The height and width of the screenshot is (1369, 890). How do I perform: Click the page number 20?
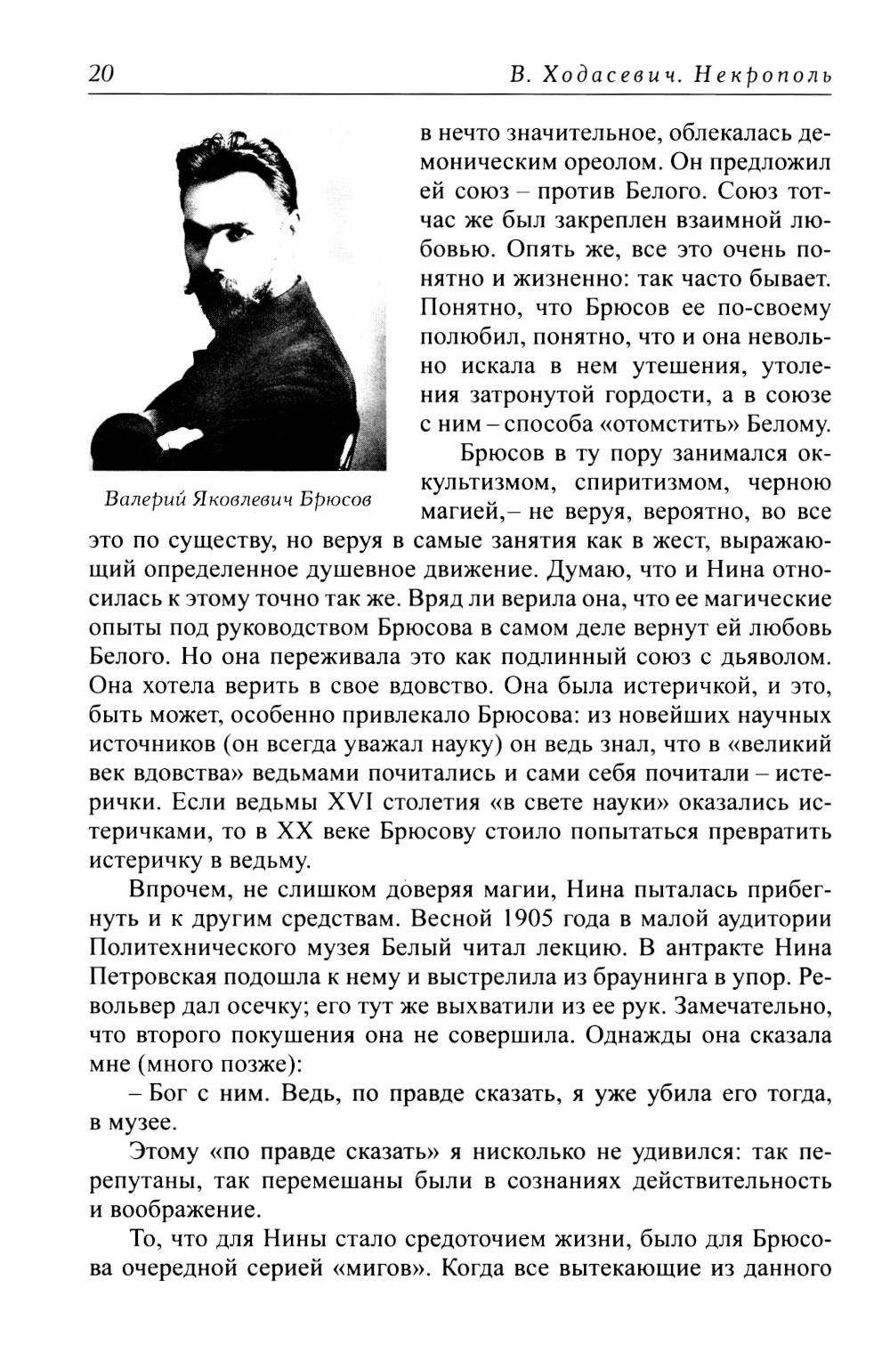(x=101, y=74)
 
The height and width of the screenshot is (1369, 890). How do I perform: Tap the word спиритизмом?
(x=626, y=482)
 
